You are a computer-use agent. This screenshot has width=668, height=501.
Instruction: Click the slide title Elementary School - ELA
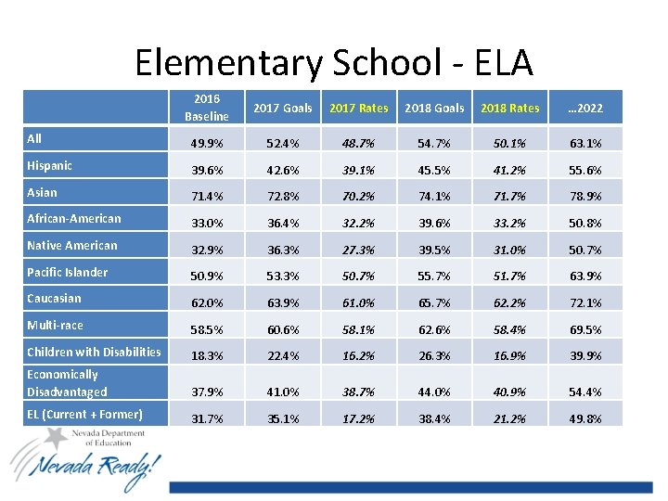point(334,63)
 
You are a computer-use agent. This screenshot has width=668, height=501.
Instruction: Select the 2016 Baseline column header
point(206,108)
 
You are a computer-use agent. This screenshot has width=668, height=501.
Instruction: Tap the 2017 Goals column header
point(283,109)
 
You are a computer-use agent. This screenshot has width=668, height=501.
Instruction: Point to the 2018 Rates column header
point(510,109)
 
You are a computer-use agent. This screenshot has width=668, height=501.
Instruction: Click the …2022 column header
point(586,109)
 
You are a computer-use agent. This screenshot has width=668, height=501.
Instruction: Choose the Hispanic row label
point(49,166)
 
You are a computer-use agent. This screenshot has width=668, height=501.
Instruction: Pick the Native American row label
point(72,246)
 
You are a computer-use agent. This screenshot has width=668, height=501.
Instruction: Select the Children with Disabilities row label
point(94,352)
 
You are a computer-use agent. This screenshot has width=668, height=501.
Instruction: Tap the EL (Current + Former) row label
point(84,415)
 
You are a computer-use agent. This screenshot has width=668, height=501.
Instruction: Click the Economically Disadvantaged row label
point(67,383)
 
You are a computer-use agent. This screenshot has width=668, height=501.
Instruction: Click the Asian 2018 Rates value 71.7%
point(510,198)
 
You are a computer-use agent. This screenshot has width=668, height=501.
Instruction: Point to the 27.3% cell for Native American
point(359,250)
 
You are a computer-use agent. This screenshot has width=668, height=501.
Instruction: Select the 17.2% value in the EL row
point(359,419)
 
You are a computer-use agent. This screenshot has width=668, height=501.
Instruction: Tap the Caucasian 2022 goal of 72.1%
point(586,303)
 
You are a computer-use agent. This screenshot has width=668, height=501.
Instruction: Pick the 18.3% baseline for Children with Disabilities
point(206,356)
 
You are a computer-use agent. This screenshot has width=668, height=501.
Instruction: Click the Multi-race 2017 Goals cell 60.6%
point(283,330)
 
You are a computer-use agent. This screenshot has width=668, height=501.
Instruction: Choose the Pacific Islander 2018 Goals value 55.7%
point(434,277)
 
